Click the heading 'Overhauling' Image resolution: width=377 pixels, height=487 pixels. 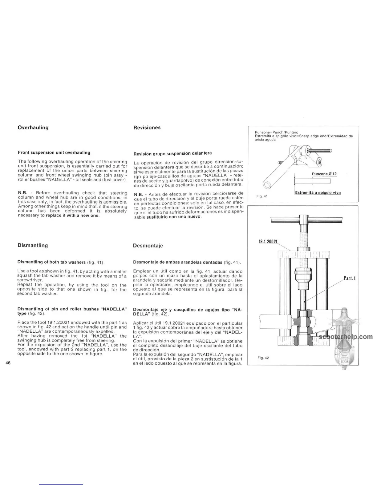tap(33, 128)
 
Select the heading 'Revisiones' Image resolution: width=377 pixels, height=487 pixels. tap(147, 128)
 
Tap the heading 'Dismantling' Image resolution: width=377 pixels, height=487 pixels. tap(33, 245)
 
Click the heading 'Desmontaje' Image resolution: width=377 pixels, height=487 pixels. tap(148, 246)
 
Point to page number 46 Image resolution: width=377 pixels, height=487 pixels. tap(8, 363)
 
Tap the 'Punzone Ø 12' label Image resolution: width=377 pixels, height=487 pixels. tap(324, 174)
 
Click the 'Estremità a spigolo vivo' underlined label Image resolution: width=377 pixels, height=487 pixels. tap(318, 193)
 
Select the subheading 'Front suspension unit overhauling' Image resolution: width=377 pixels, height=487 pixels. tap(54, 152)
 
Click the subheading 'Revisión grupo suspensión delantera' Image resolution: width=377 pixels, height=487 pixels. tap(172, 153)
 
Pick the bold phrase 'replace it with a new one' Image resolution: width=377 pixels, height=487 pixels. tap(72, 216)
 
